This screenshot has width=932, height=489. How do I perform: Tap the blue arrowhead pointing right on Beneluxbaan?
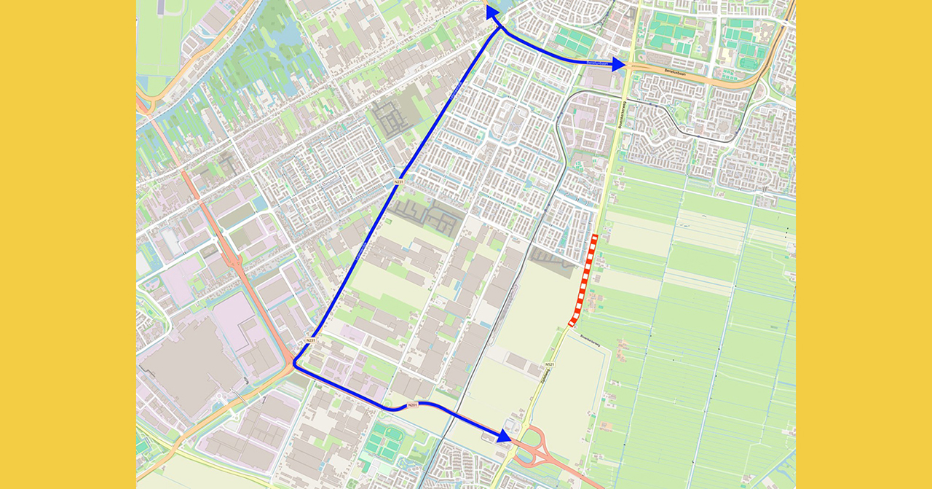(x=618, y=64)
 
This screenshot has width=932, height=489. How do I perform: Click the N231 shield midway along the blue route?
(x=398, y=181)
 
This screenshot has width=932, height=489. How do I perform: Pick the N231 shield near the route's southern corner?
(x=310, y=340)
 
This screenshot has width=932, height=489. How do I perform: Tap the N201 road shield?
(x=412, y=404)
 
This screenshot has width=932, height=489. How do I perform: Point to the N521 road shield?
(x=549, y=364)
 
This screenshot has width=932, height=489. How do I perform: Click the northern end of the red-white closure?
(x=596, y=237)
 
